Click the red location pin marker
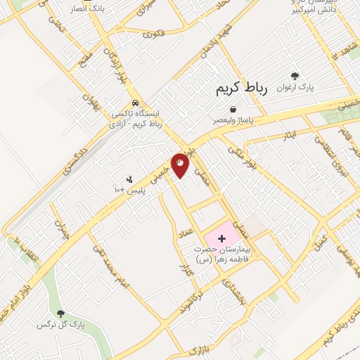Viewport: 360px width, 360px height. (x=181, y=164)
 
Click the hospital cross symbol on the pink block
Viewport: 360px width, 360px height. (x=222, y=239)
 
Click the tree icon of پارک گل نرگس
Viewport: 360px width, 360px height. (x=61, y=314)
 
